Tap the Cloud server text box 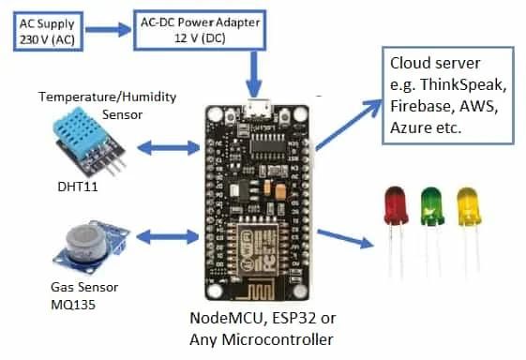click(x=447, y=97)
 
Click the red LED click(x=397, y=203)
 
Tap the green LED click(x=431, y=203)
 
